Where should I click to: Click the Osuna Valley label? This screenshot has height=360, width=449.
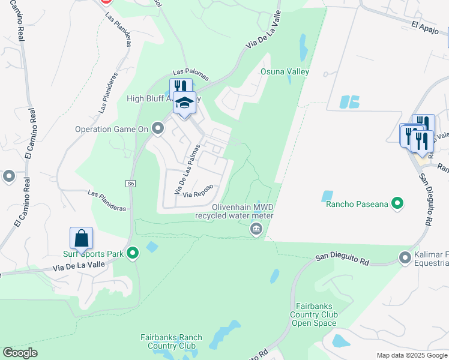(x=285, y=71)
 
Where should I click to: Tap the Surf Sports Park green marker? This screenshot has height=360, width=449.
(x=133, y=254)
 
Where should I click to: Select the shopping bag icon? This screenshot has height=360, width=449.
(x=81, y=239)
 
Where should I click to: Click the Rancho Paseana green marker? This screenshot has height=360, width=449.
(x=397, y=204)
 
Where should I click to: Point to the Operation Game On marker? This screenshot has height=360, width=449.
(x=158, y=128)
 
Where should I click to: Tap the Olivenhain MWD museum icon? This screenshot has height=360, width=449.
(x=256, y=229)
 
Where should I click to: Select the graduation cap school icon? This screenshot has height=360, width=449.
(x=185, y=103)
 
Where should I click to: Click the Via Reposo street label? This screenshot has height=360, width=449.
(x=198, y=194)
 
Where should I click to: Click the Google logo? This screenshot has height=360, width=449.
(x=20, y=353)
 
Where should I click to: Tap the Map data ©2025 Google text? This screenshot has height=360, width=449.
(x=411, y=355)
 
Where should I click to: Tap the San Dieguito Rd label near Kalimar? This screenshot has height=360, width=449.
(x=342, y=259)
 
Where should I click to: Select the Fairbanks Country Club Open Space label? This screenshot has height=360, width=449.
(x=314, y=314)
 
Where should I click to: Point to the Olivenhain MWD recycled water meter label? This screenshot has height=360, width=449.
(x=234, y=211)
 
